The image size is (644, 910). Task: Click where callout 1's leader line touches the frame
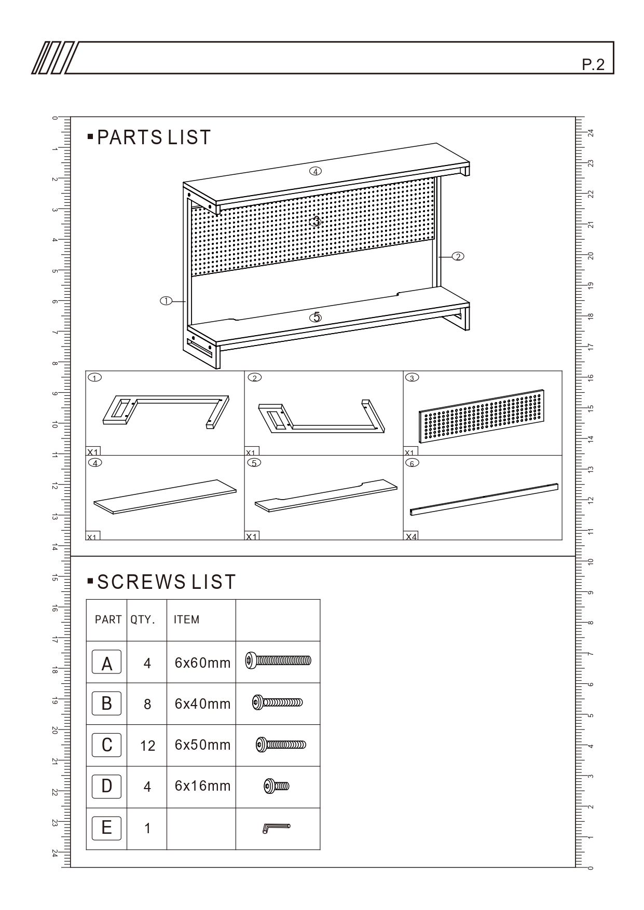tap(186, 301)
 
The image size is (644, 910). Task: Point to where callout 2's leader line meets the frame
tap(439, 256)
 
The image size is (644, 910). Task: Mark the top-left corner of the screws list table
tap(86, 600)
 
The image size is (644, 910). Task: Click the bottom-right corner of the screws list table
tap(320, 849)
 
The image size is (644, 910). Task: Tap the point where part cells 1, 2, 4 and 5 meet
tap(244, 456)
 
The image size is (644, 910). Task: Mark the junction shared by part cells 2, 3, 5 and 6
tap(403, 456)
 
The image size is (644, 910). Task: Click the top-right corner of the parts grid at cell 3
tap(562, 371)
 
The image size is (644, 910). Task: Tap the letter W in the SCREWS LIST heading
tap(159, 582)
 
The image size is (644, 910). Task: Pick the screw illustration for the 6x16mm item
tap(277, 786)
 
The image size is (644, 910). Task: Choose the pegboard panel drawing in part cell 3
tap(482, 416)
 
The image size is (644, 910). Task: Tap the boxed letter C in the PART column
tap(106, 745)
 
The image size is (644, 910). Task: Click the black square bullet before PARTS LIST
tap(90, 137)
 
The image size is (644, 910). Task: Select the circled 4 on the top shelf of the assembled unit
tap(315, 171)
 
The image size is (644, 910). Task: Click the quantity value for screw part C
tap(147, 746)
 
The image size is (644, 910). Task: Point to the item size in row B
tap(202, 704)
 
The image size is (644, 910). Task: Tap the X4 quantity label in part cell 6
tap(411, 536)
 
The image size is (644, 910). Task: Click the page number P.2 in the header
tap(593, 65)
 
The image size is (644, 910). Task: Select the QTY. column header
tap(143, 619)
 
